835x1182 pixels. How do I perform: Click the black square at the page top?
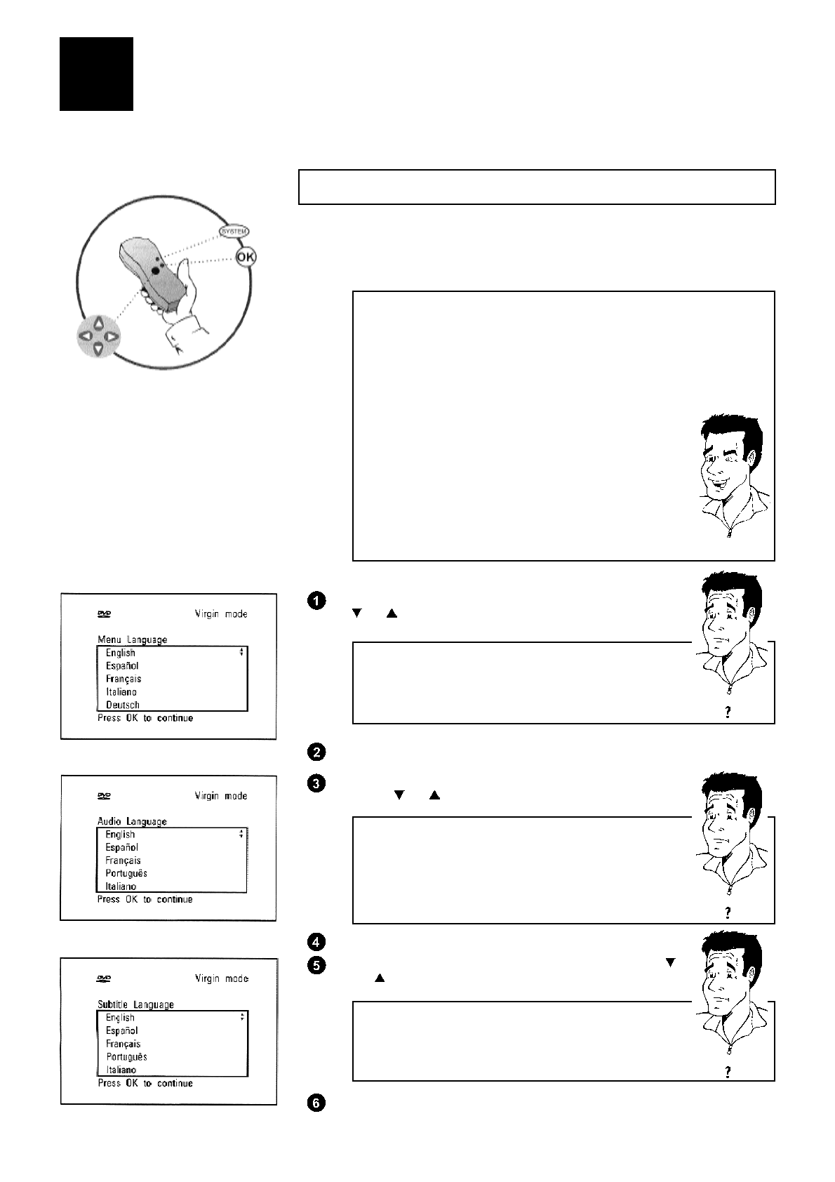coord(96,74)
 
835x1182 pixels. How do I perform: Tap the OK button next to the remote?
coord(246,258)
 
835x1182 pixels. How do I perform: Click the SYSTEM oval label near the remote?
coord(234,231)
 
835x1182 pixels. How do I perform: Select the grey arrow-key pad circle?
coord(98,336)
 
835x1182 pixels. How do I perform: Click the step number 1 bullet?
coord(316,601)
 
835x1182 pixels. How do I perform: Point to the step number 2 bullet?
coord(316,752)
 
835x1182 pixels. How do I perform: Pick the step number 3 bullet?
coord(316,783)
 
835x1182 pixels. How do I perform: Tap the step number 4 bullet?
coord(316,942)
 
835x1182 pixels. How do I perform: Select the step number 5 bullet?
coord(316,965)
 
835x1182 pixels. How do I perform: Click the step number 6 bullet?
coord(316,1103)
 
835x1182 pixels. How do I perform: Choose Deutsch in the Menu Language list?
coord(123,705)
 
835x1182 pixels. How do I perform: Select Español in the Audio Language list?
coord(122,847)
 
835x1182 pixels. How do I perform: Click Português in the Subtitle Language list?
coord(126,1057)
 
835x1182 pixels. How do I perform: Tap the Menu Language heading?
coord(133,639)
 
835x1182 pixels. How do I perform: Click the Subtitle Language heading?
coord(135,1004)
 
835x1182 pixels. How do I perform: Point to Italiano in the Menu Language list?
coord(121,692)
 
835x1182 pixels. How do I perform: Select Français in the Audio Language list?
coord(123,861)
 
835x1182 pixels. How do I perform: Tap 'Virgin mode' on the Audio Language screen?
coord(221,796)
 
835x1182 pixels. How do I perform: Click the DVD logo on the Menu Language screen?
coord(104,614)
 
